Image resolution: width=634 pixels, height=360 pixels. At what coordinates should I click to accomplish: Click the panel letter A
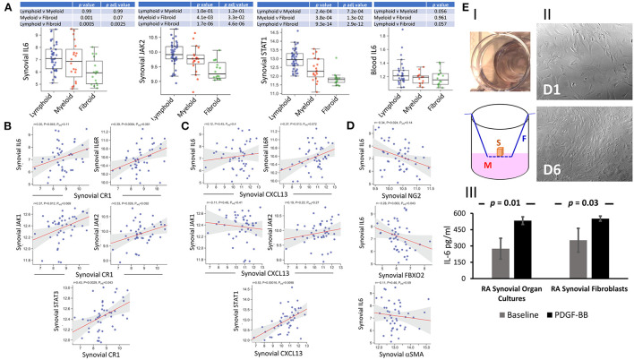[x=5, y=6]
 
